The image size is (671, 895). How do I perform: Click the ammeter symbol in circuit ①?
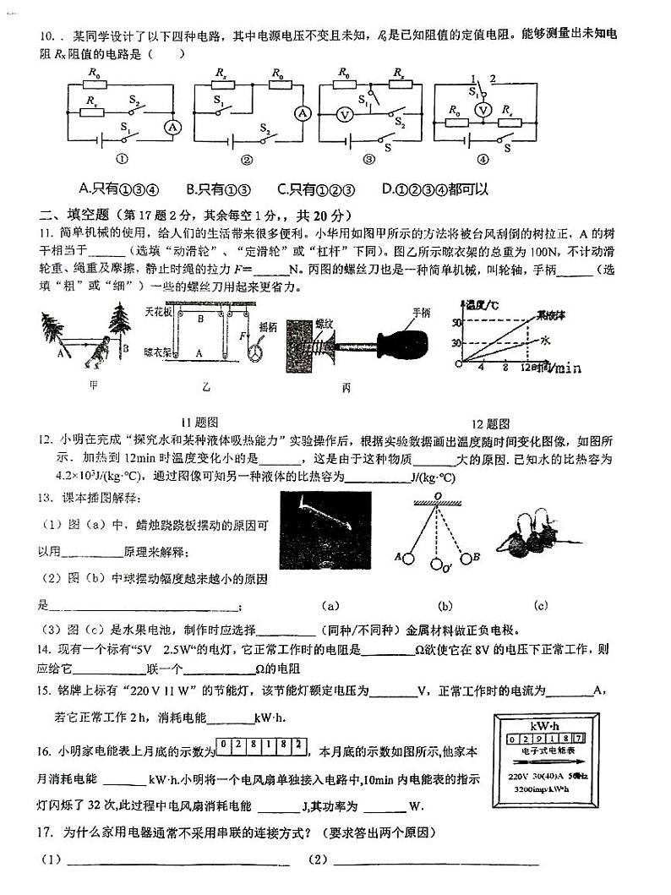click(172, 126)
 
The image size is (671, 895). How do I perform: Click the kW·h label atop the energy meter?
click(541, 724)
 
